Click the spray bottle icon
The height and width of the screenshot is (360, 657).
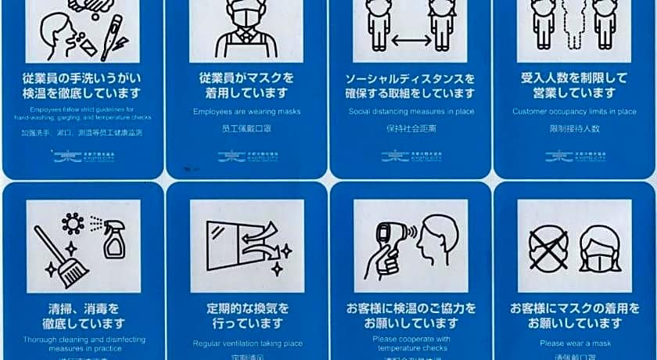pos(114,239)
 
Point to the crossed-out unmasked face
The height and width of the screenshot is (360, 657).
pos(548,246)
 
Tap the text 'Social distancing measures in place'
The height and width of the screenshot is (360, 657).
pos(411,111)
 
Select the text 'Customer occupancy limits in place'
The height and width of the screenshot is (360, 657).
pos(574,111)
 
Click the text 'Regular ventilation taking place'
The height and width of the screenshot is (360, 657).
pos(246,343)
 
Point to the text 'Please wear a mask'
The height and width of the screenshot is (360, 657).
pos(574,343)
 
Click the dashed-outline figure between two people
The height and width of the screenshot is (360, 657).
pos(574,23)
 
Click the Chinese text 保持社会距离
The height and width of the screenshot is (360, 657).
pos(411,128)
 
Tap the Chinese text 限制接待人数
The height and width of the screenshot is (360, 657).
pos(574,128)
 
